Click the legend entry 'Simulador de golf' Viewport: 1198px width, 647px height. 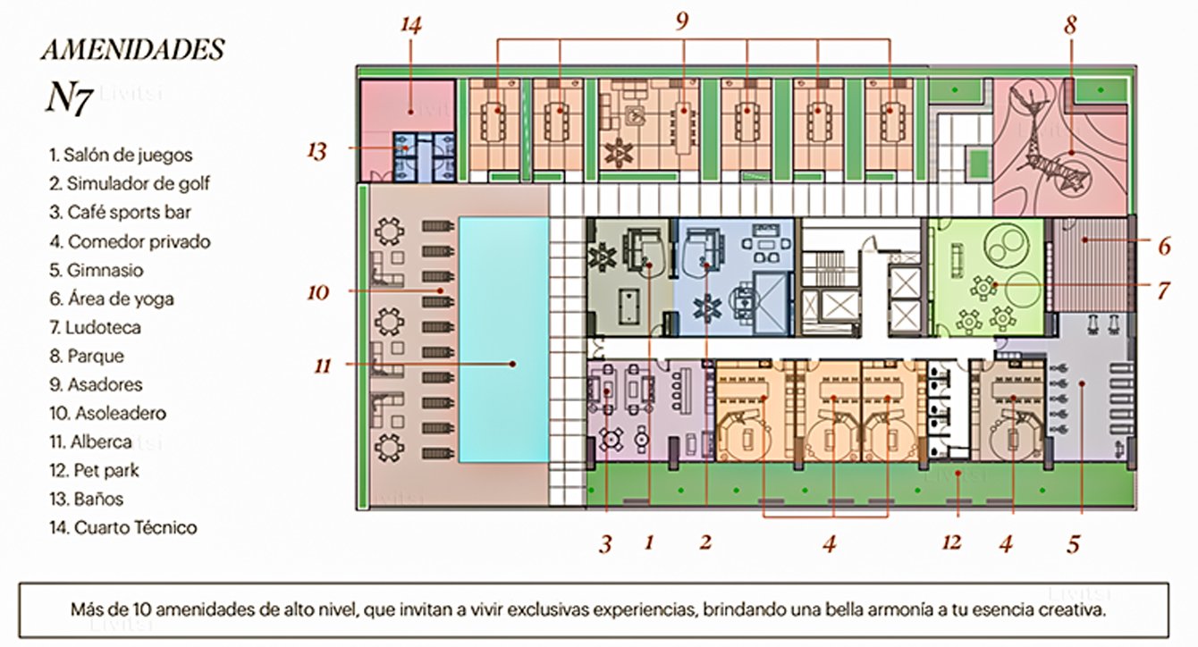tap(130, 183)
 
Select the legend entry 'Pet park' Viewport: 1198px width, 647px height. tap(94, 471)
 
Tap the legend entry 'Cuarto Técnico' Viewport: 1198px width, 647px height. tap(123, 528)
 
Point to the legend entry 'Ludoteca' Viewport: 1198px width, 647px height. tap(95, 327)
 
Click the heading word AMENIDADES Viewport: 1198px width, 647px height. tap(133, 50)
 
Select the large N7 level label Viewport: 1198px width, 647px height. tap(70, 97)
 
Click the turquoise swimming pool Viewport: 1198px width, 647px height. tap(503, 340)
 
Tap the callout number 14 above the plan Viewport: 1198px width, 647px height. tap(411, 25)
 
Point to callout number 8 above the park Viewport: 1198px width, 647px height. tap(1070, 25)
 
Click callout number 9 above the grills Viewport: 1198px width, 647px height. tap(682, 21)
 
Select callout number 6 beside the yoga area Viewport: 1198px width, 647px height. tap(1165, 247)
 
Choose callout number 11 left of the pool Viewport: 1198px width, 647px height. tap(322, 366)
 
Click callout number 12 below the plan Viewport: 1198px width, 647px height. tap(952, 542)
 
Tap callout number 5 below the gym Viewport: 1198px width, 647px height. tap(1074, 544)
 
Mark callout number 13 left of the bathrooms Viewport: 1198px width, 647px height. tap(316, 151)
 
